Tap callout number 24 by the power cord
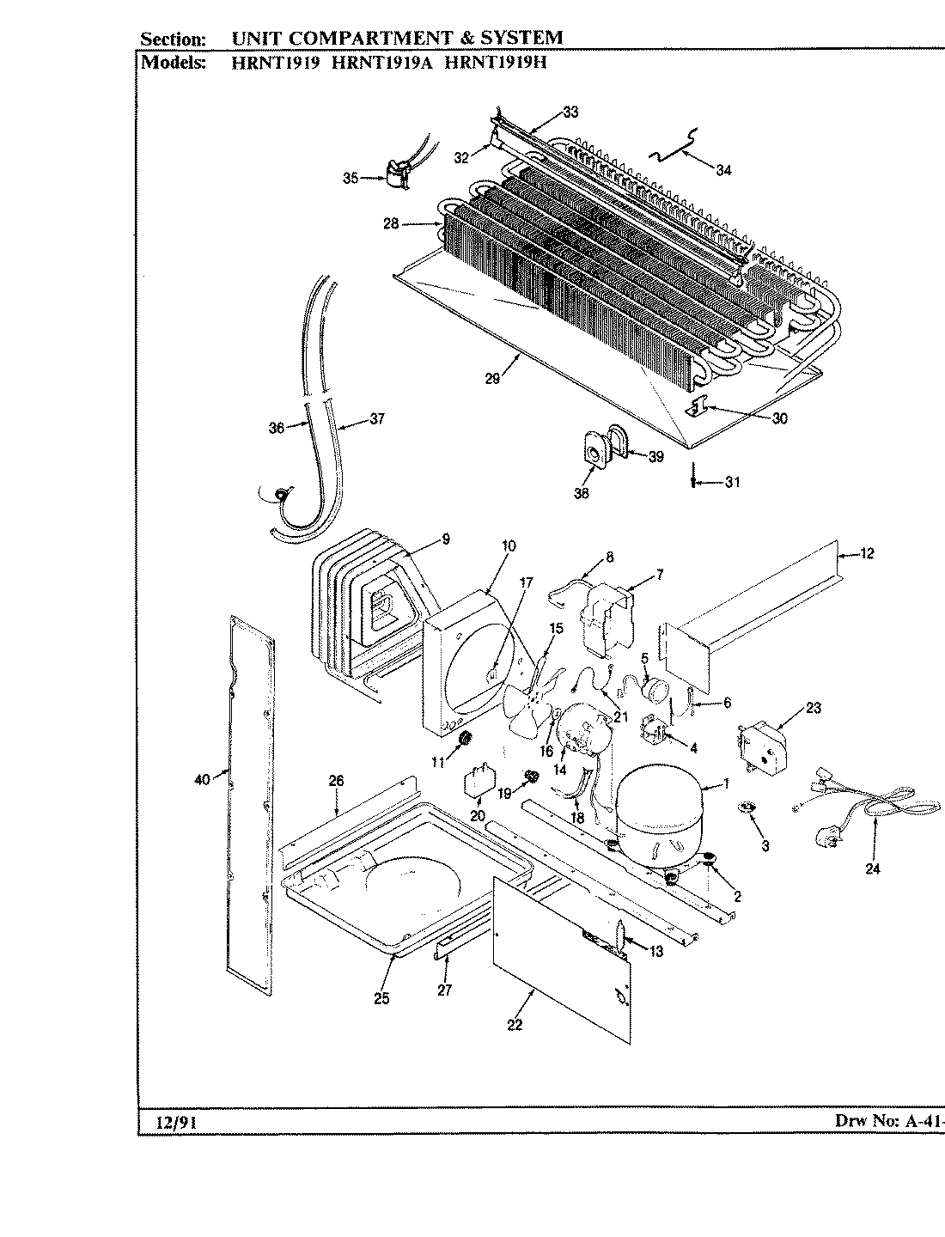click(x=873, y=868)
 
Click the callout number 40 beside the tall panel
click(x=203, y=780)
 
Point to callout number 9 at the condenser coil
click(x=446, y=539)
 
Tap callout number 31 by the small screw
click(x=731, y=482)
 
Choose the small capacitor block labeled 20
click(x=478, y=783)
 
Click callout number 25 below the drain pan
click(x=382, y=997)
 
